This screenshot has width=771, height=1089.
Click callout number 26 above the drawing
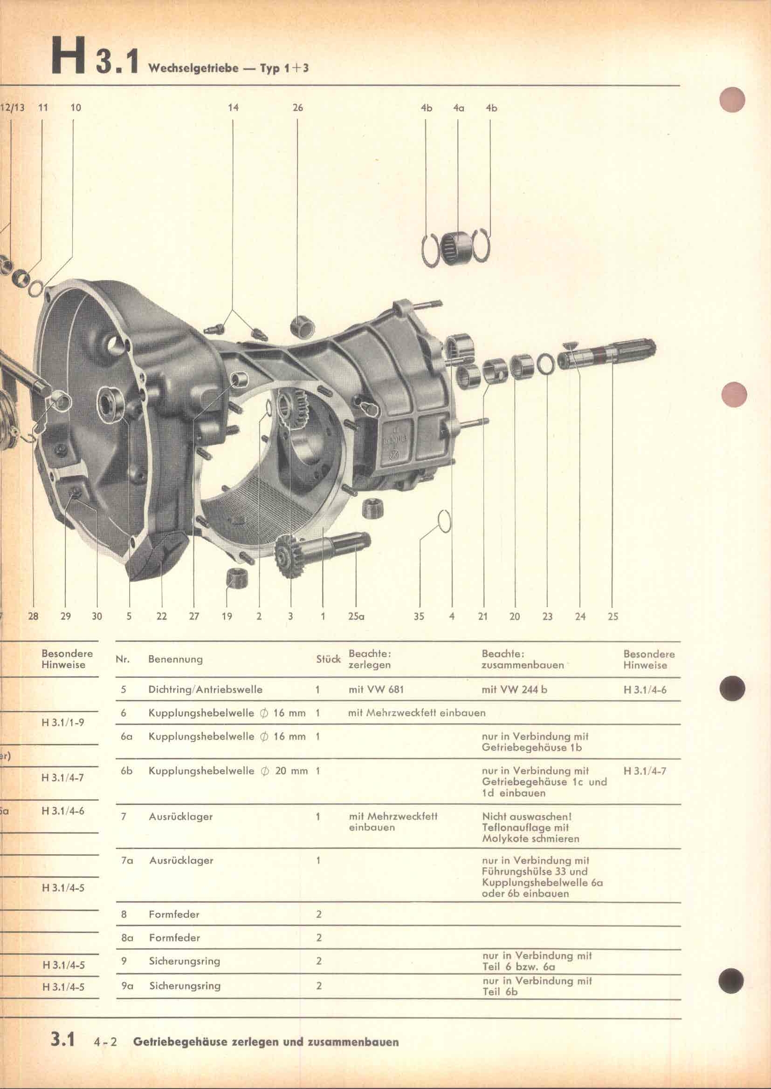click(298, 108)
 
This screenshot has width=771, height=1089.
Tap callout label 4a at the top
click(458, 108)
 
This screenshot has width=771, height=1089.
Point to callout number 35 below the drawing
click(419, 616)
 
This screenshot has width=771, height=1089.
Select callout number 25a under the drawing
click(356, 616)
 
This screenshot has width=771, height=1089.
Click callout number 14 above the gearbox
click(233, 108)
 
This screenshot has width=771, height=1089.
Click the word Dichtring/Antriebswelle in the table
click(205, 690)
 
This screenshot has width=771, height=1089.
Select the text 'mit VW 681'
click(376, 690)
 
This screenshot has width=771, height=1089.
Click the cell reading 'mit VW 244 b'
click(514, 690)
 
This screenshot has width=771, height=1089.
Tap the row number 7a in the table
click(127, 860)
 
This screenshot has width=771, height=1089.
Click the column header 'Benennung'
click(175, 659)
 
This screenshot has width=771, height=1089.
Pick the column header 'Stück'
click(329, 659)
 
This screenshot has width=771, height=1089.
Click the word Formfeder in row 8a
click(174, 938)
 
